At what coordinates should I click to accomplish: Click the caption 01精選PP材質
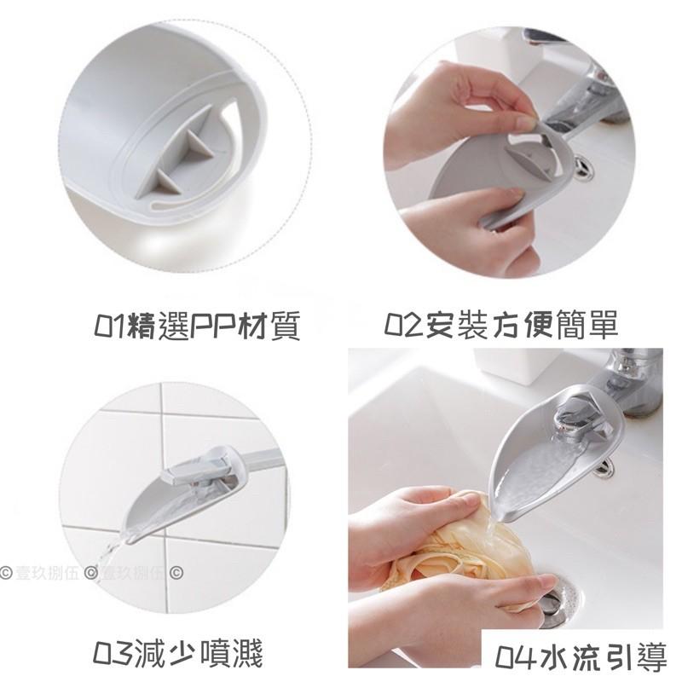(x=197, y=326)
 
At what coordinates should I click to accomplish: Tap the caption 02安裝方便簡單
(x=500, y=324)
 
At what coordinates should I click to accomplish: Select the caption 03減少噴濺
(x=178, y=653)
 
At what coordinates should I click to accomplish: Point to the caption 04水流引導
(x=581, y=656)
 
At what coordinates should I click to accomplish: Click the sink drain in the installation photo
(x=582, y=167)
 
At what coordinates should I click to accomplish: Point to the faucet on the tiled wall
(x=200, y=470)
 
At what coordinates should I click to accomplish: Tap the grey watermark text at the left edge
(x=40, y=572)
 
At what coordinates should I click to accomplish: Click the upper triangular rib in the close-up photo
(x=199, y=142)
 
